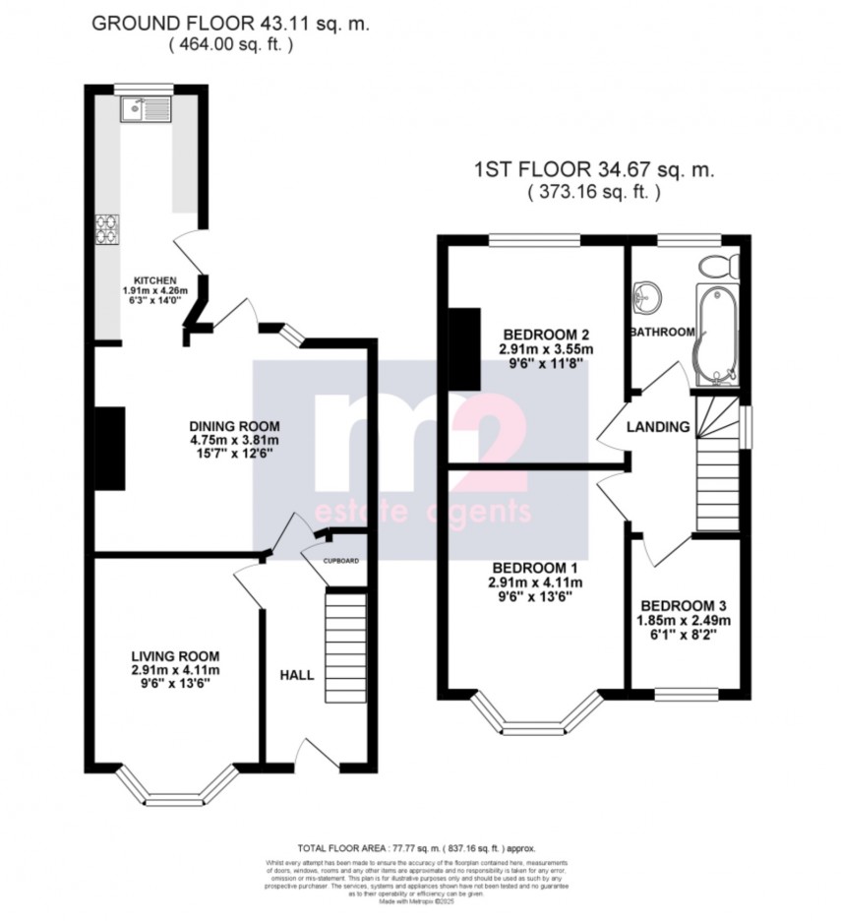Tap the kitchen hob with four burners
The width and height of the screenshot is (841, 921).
(106, 228)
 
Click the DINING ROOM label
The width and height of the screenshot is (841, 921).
(234, 426)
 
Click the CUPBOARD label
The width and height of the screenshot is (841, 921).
(341, 561)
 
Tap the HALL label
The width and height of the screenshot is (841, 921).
(297, 675)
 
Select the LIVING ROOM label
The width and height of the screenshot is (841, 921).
(175, 656)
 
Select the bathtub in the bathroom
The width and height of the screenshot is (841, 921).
(716, 335)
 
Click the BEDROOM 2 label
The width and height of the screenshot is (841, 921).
(541, 333)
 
